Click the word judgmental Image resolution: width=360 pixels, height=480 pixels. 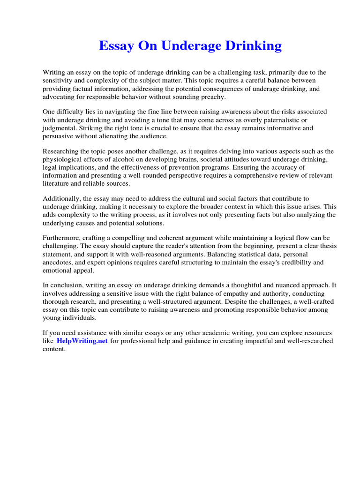[x=59, y=128]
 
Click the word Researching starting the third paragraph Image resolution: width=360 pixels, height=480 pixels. [x=61, y=151]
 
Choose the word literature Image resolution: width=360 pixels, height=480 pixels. [x=56, y=183]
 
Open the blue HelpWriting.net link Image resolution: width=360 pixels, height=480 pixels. [x=82, y=341]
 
